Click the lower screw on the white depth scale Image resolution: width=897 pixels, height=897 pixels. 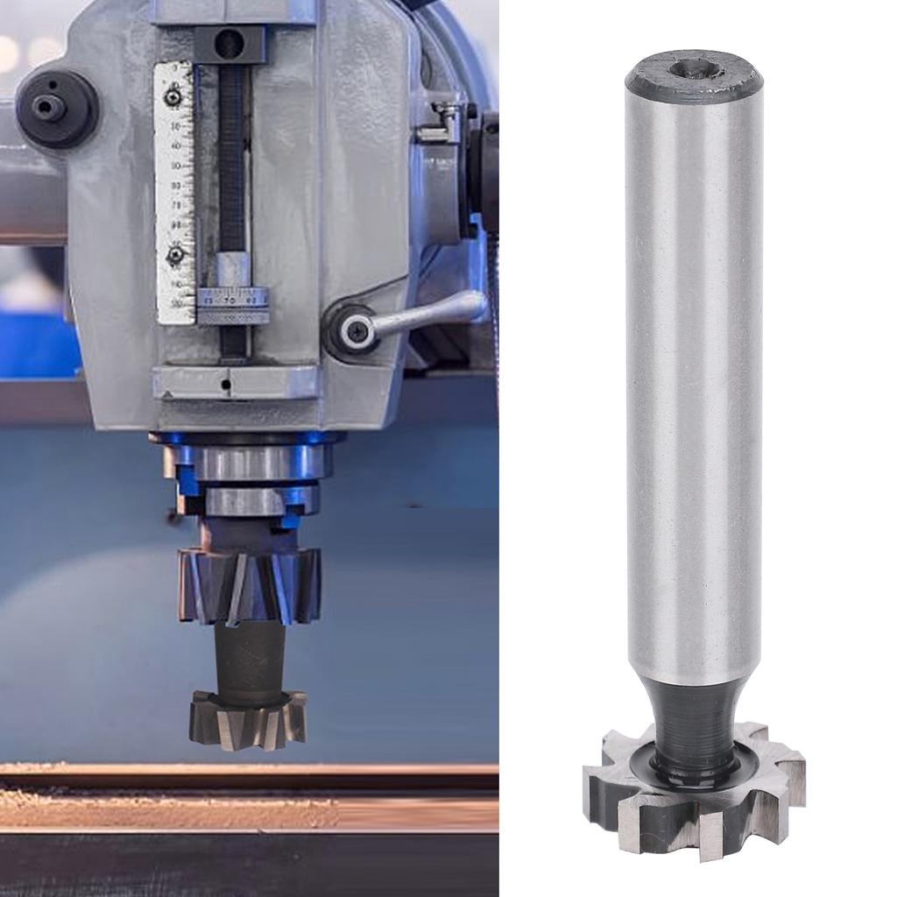[176, 255]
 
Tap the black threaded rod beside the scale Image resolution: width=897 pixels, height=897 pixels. [231, 158]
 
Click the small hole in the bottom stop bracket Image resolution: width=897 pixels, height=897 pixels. [226, 384]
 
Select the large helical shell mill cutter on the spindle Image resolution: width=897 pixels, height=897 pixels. [250, 584]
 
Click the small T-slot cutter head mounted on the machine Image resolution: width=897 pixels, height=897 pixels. [248, 718]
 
